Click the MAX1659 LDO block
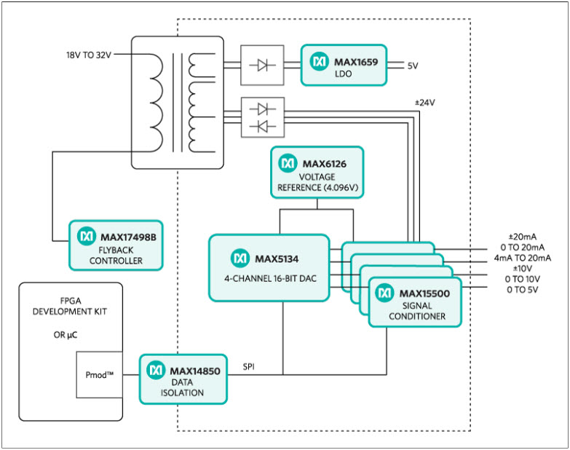(344, 66)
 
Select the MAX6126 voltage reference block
(317, 173)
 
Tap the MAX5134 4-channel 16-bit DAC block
(269, 267)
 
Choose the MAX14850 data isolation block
(183, 379)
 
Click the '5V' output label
(413, 66)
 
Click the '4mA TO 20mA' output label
(522, 258)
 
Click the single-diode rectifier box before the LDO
(262, 66)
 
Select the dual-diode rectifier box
(262, 117)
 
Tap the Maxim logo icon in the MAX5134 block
(240, 258)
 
